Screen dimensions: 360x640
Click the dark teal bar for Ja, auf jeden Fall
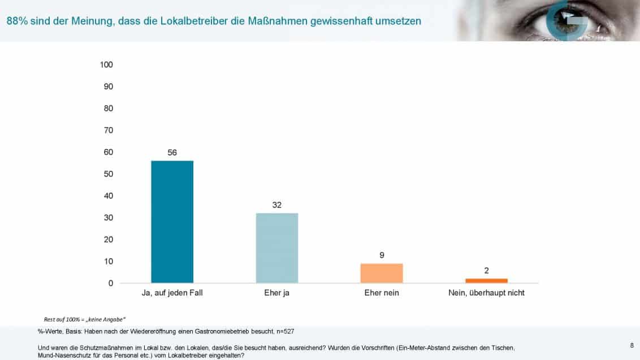pyautogui.click(x=172, y=222)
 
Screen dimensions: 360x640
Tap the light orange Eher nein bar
pyautogui.click(x=382, y=273)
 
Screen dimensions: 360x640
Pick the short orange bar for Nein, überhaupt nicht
pyautogui.click(x=486, y=280)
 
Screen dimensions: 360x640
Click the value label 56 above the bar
pyautogui.click(x=172, y=153)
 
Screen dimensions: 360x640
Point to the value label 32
pyautogui.click(x=277, y=205)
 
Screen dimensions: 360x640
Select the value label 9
pyautogui.click(x=382, y=255)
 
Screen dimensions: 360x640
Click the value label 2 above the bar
pyautogui.click(x=486, y=270)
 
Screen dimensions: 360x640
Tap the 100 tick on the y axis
pyautogui.click(x=106, y=64)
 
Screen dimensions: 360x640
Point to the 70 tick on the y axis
pyautogui.click(x=108, y=130)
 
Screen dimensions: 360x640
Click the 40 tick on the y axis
pyautogui.click(x=108, y=196)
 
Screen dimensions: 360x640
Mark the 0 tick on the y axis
pyautogui.click(x=110, y=283)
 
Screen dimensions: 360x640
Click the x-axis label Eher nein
pyautogui.click(x=382, y=293)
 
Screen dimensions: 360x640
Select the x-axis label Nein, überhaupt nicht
pyautogui.click(x=486, y=293)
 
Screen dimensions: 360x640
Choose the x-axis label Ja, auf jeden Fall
pyautogui.click(x=172, y=293)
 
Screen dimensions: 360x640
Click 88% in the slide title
pyautogui.click(x=17, y=21)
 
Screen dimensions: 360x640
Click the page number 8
pyautogui.click(x=631, y=344)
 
